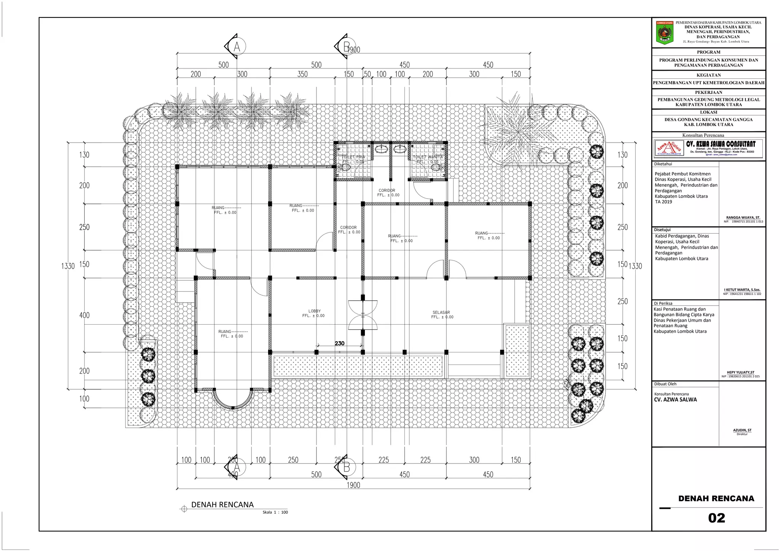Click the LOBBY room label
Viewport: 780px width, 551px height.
tap(314, 311)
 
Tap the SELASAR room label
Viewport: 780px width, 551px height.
tap(441, 312)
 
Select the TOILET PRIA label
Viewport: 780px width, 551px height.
tap(353, 157)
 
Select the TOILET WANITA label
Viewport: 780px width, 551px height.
tap(428, 157)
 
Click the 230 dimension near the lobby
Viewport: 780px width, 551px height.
tap(339, 343)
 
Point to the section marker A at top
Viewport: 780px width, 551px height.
tap(236, 46)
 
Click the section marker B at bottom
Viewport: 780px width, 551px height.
tap(346, 467)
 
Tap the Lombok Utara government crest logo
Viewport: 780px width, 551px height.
tap(665, 33)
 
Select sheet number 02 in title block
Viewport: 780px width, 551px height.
tap(716, 518)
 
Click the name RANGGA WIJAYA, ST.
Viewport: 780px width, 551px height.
tap(743, 218)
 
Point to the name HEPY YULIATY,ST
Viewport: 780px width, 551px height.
tap(740, 373)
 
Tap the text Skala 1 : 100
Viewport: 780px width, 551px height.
tap(275, 512)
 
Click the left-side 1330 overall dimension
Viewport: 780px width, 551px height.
tap(68, 266)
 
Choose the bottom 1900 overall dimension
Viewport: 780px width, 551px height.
tap(353, 485)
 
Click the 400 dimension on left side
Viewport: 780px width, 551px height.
tap(84, 315)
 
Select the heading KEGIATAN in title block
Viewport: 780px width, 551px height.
tap(708, 75)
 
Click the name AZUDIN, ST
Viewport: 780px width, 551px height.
tap(742, 430)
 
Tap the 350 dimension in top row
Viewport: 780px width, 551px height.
tap(302, 74)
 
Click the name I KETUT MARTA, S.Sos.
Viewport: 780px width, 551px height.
tap(742, 290)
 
